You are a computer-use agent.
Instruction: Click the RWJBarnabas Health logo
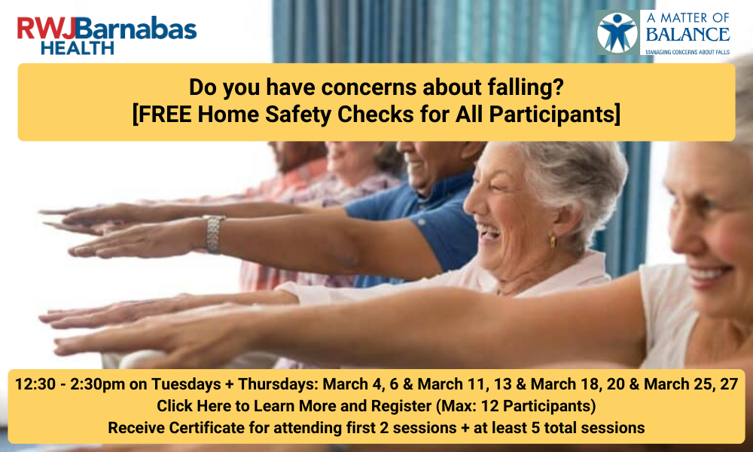(x=107, y=35)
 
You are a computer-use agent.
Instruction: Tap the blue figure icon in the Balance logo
(x=617, y=32)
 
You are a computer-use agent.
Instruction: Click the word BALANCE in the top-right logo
(x=687, y=35)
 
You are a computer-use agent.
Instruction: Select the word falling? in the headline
(x=526, y=87)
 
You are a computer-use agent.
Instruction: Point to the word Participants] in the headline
(x=555, y=115)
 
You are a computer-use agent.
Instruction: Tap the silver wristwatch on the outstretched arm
(x=213, y=234)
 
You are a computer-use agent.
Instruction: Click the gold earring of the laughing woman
(x=552, y=242)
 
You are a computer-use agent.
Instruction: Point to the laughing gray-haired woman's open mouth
(x=489, y=233)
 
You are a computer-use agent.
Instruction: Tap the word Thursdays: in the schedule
(x=278, y=384)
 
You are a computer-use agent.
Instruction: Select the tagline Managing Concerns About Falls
(x=687, y=52)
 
